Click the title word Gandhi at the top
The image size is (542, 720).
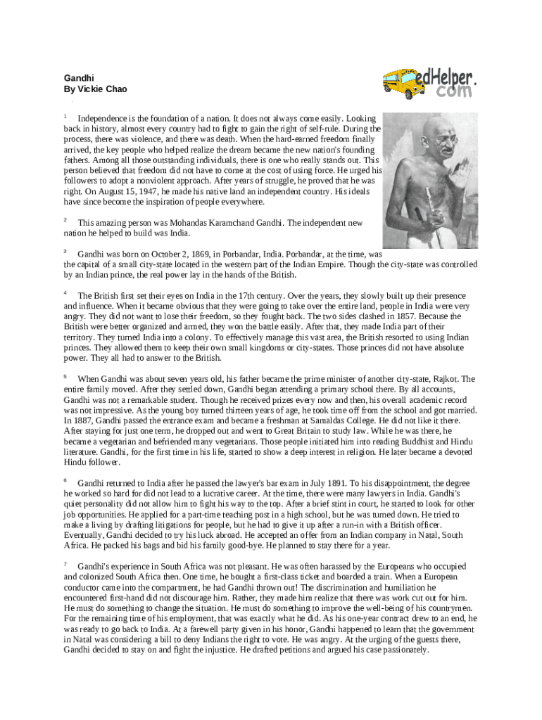click(79, 78)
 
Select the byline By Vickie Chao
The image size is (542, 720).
click(95, 89)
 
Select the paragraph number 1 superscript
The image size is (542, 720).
click(65, 116)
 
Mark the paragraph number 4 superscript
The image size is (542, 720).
click(65, 292)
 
